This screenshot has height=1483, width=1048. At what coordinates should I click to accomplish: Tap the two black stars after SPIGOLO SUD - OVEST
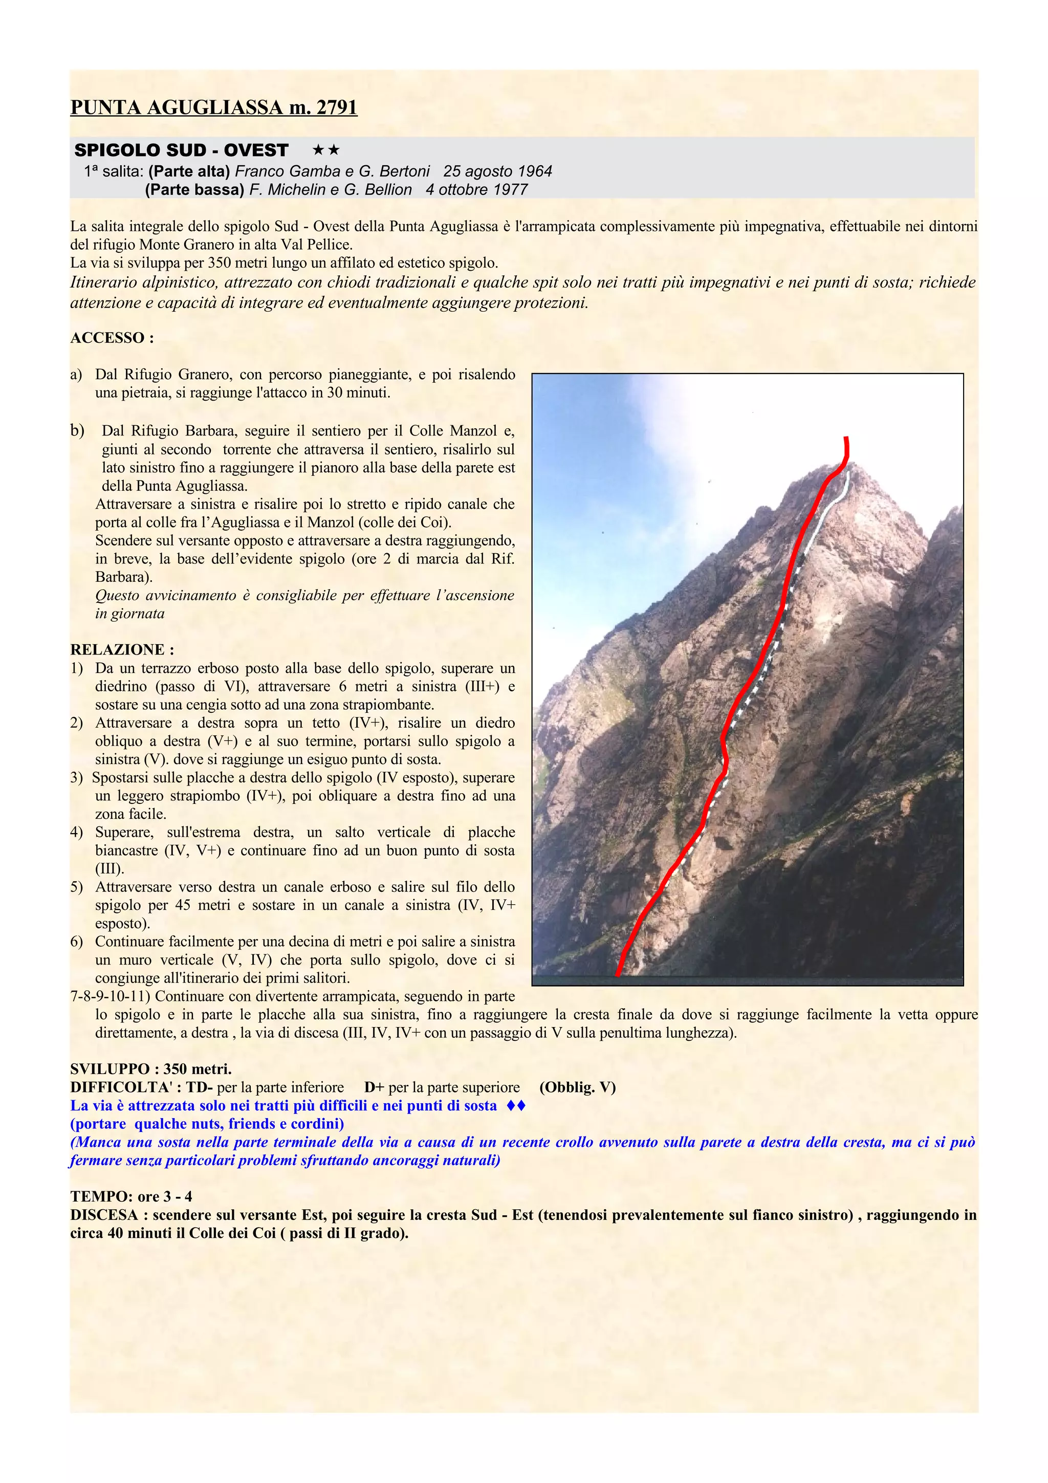click(325, 150)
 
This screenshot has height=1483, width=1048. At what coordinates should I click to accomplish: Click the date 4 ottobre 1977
click(476, 190)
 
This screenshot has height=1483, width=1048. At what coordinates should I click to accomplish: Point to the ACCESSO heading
click(112, 338)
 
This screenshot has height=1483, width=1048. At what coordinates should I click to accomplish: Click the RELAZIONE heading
click(122, 649)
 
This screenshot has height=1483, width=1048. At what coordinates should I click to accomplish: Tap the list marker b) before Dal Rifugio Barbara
click(77, 431)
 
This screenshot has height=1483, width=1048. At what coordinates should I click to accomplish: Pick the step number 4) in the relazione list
click(77, 832)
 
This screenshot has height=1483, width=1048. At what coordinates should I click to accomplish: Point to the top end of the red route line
click(846, 439)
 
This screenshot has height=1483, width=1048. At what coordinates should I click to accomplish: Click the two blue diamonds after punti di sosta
click(516, 1106)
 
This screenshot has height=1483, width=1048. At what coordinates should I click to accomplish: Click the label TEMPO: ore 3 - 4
click(131, 1196)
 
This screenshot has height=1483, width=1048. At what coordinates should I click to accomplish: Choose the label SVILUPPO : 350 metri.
click(150, 1069)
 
